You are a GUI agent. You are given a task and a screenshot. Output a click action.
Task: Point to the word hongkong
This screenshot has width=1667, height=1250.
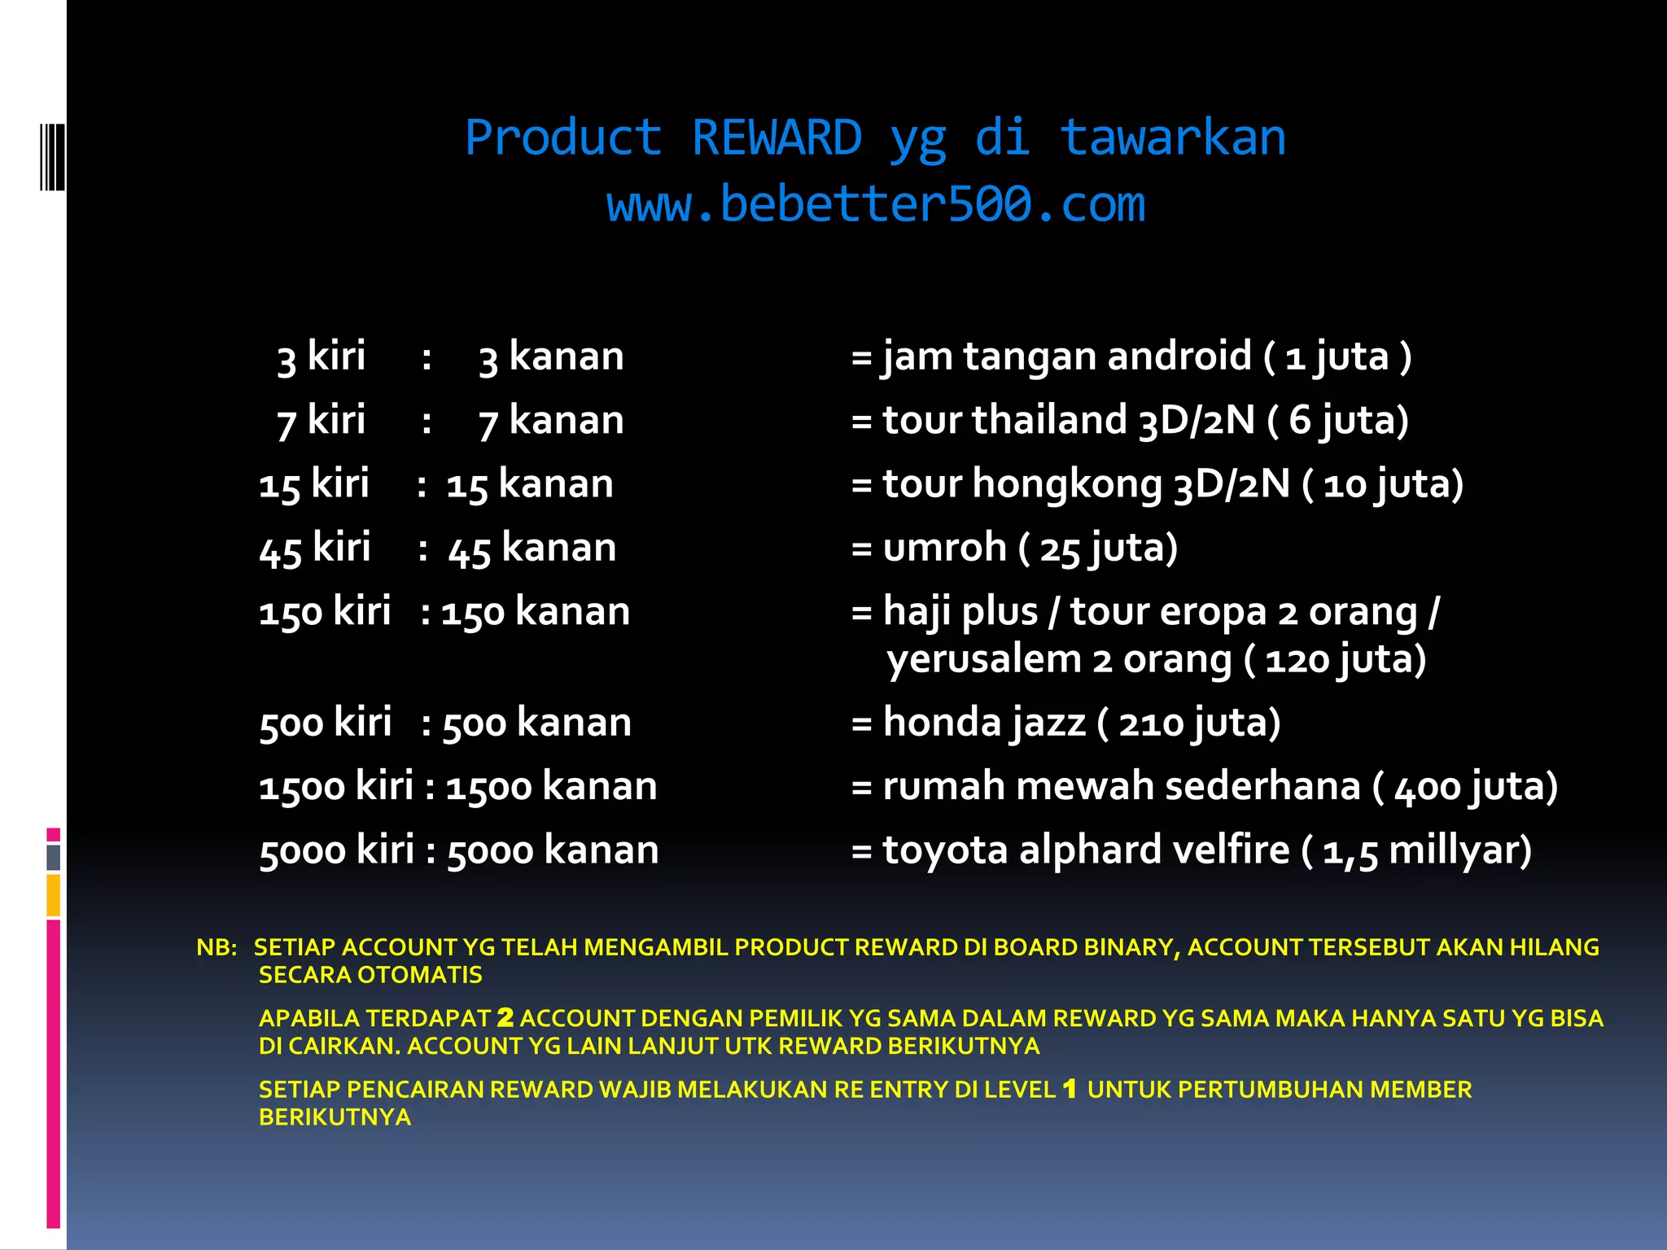coord(1067,484)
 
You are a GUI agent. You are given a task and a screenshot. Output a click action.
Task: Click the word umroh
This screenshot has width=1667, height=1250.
coord(944,548)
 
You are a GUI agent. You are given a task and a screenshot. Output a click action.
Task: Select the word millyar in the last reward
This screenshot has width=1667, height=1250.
coord(1455,850)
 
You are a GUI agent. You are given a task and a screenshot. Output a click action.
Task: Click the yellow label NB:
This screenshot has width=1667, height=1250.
coord(217,947)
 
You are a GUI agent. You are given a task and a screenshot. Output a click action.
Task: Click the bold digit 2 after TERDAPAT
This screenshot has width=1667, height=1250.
coord(505,1017)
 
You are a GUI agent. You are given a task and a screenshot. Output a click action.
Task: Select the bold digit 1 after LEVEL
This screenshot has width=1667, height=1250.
coord(1070,1089)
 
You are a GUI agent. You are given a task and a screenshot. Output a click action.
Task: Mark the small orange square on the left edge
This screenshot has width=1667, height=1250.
coord(54,895)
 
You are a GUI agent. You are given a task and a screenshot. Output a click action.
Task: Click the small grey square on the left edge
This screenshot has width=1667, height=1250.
coord(54,857)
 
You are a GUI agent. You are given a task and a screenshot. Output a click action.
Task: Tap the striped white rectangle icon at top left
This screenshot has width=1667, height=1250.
coord(52,156)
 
